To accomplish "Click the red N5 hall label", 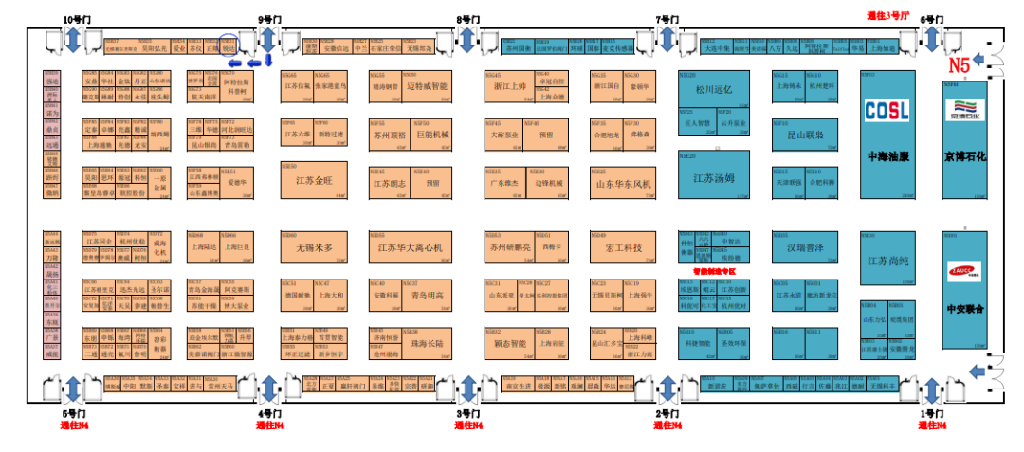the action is tap(960, 65).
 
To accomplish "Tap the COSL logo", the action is tap(887, 110).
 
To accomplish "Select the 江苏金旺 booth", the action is tap(313, 180).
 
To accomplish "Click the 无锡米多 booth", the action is tap(313, 248).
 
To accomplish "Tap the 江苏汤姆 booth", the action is tap(713, 177).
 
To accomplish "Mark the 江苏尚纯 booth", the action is tap(887, 260).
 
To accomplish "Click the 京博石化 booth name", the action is tap(964, 156).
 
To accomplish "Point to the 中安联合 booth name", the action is tap(964, 309).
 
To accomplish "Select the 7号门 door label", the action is tap(667, 18).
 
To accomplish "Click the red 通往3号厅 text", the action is tap(887, 15).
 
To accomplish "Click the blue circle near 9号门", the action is tap(228, 45).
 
